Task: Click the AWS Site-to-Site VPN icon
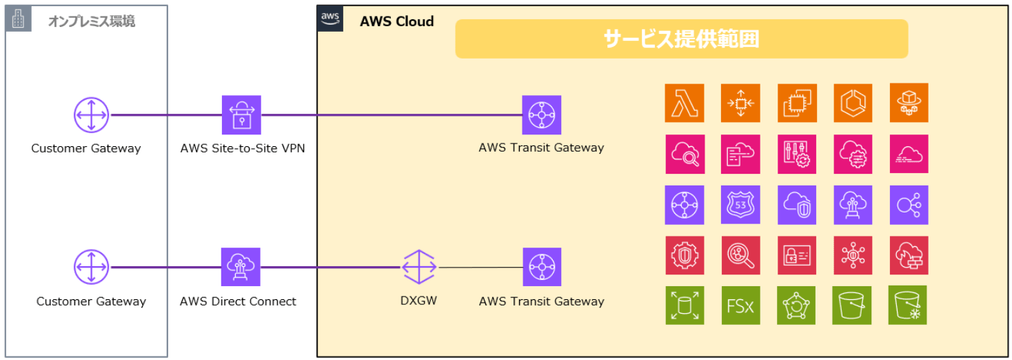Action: (241, 114)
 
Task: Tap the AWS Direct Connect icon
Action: (241, 267)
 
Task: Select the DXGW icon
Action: (419, 267)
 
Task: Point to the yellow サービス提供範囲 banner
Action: (681, 39)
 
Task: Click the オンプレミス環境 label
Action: (92, 21)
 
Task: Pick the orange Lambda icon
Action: (685, 103)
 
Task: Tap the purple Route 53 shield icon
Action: (740, 205)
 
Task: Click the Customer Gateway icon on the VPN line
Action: (92, 114)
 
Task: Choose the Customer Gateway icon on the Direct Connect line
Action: (92, 267)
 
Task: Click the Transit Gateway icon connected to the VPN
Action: (541, 114)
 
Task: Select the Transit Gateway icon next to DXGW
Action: (541, 267)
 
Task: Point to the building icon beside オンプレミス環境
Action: (19, 19)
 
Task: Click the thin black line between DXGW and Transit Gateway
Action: (480, 267)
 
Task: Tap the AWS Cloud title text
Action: (396, 21)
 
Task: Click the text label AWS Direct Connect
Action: (238, 301)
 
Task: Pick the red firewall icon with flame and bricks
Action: (909, 255)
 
